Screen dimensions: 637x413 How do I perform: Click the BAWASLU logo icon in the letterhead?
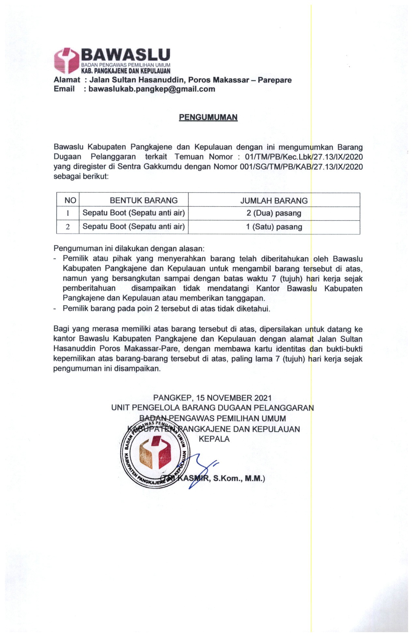click(x=66, y=61)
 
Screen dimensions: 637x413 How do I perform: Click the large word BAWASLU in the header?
click(x=125, y=55)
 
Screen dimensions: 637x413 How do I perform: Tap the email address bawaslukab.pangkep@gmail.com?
click(x=152, y=89)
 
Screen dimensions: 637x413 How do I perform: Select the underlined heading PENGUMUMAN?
click(x=208, y=117)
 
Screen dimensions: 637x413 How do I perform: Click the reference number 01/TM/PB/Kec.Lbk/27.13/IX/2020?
click(x=304, y=157)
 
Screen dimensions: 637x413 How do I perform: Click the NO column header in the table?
click(x=70, y=200)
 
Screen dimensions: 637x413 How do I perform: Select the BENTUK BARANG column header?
click(x=144, y=200)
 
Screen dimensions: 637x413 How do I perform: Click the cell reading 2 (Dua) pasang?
click(x=274, y=213)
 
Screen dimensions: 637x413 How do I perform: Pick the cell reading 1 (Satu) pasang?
click(x=274, y=227)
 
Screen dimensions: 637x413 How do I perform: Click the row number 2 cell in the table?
click(x=68, y=227)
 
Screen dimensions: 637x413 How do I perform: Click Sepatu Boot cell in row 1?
click(x=134, y=213)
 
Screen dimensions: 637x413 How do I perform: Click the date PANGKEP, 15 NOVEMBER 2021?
click(x=212, y=398)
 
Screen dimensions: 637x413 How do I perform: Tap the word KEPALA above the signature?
click(x=214, y=439)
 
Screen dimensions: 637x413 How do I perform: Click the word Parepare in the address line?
click(x=275, y=80)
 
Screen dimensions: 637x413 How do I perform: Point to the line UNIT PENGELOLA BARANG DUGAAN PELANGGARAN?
click(x=212, y=408)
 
